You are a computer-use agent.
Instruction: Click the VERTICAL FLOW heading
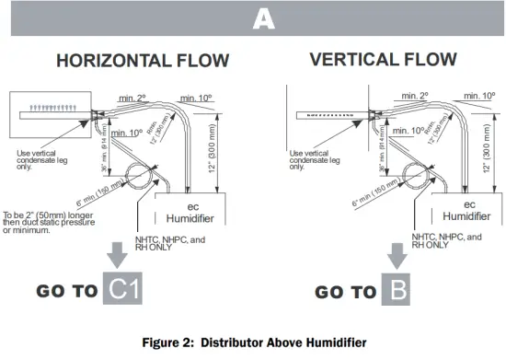click(x=383, y=60)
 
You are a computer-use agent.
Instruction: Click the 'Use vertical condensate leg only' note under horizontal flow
click(x=40, y=159)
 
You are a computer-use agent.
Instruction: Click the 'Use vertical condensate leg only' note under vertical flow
click(x=316, y=159)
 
